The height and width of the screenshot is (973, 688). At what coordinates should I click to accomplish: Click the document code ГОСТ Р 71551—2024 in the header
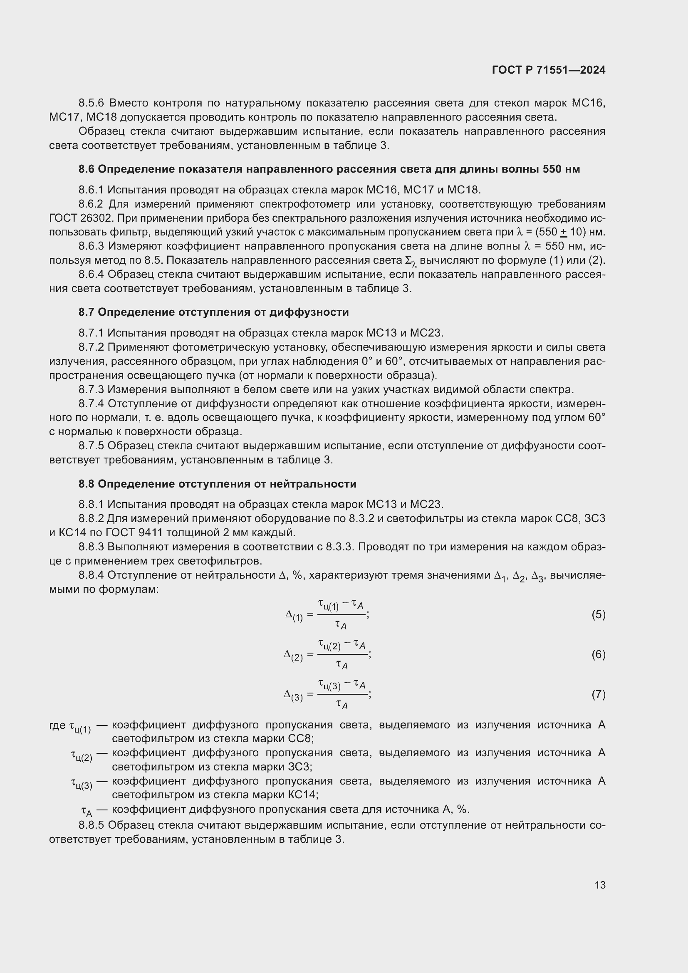(549, 70)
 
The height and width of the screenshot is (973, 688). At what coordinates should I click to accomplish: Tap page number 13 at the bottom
(600, 885)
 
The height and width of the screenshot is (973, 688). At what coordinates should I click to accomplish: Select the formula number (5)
(598, 614)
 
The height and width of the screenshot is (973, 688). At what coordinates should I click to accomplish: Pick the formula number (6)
(598, 655)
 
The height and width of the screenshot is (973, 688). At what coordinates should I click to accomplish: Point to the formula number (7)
(598, 694)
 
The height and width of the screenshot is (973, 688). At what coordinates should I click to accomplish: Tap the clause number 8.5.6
(91, 103)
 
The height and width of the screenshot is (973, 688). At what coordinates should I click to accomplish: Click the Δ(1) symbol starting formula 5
(294, 615)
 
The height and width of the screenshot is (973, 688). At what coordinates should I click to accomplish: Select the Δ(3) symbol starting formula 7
(293, 696)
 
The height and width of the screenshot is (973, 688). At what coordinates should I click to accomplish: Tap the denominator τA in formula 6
(342, 665)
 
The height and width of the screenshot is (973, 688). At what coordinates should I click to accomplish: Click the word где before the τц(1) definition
(57, 725)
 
